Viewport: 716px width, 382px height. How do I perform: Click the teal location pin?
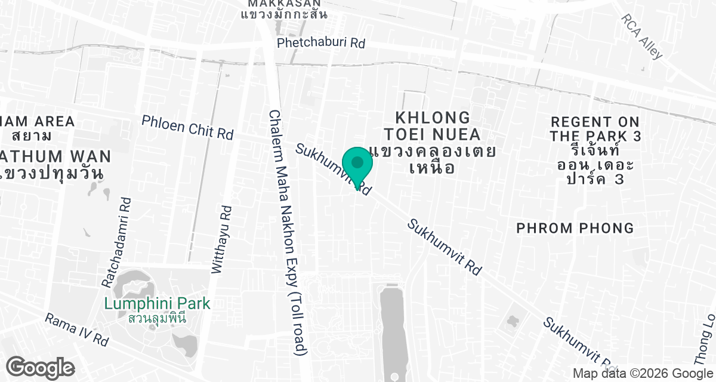tap(357, 165)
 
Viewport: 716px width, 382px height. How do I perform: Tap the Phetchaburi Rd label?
tap(321, 43)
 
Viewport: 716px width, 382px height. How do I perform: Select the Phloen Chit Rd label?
tap(187, 127)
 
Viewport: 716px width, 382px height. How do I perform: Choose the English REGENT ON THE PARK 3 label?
tap(595, 129)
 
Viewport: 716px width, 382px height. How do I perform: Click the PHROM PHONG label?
tap(575, 228)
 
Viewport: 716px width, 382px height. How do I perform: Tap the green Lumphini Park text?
tap(157, 304)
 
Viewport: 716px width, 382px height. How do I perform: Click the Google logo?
tap(41, 367)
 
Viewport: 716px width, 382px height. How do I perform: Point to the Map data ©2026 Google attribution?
tap(643, 374)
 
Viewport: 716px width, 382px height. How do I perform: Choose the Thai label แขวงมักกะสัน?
tap(284, 14)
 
